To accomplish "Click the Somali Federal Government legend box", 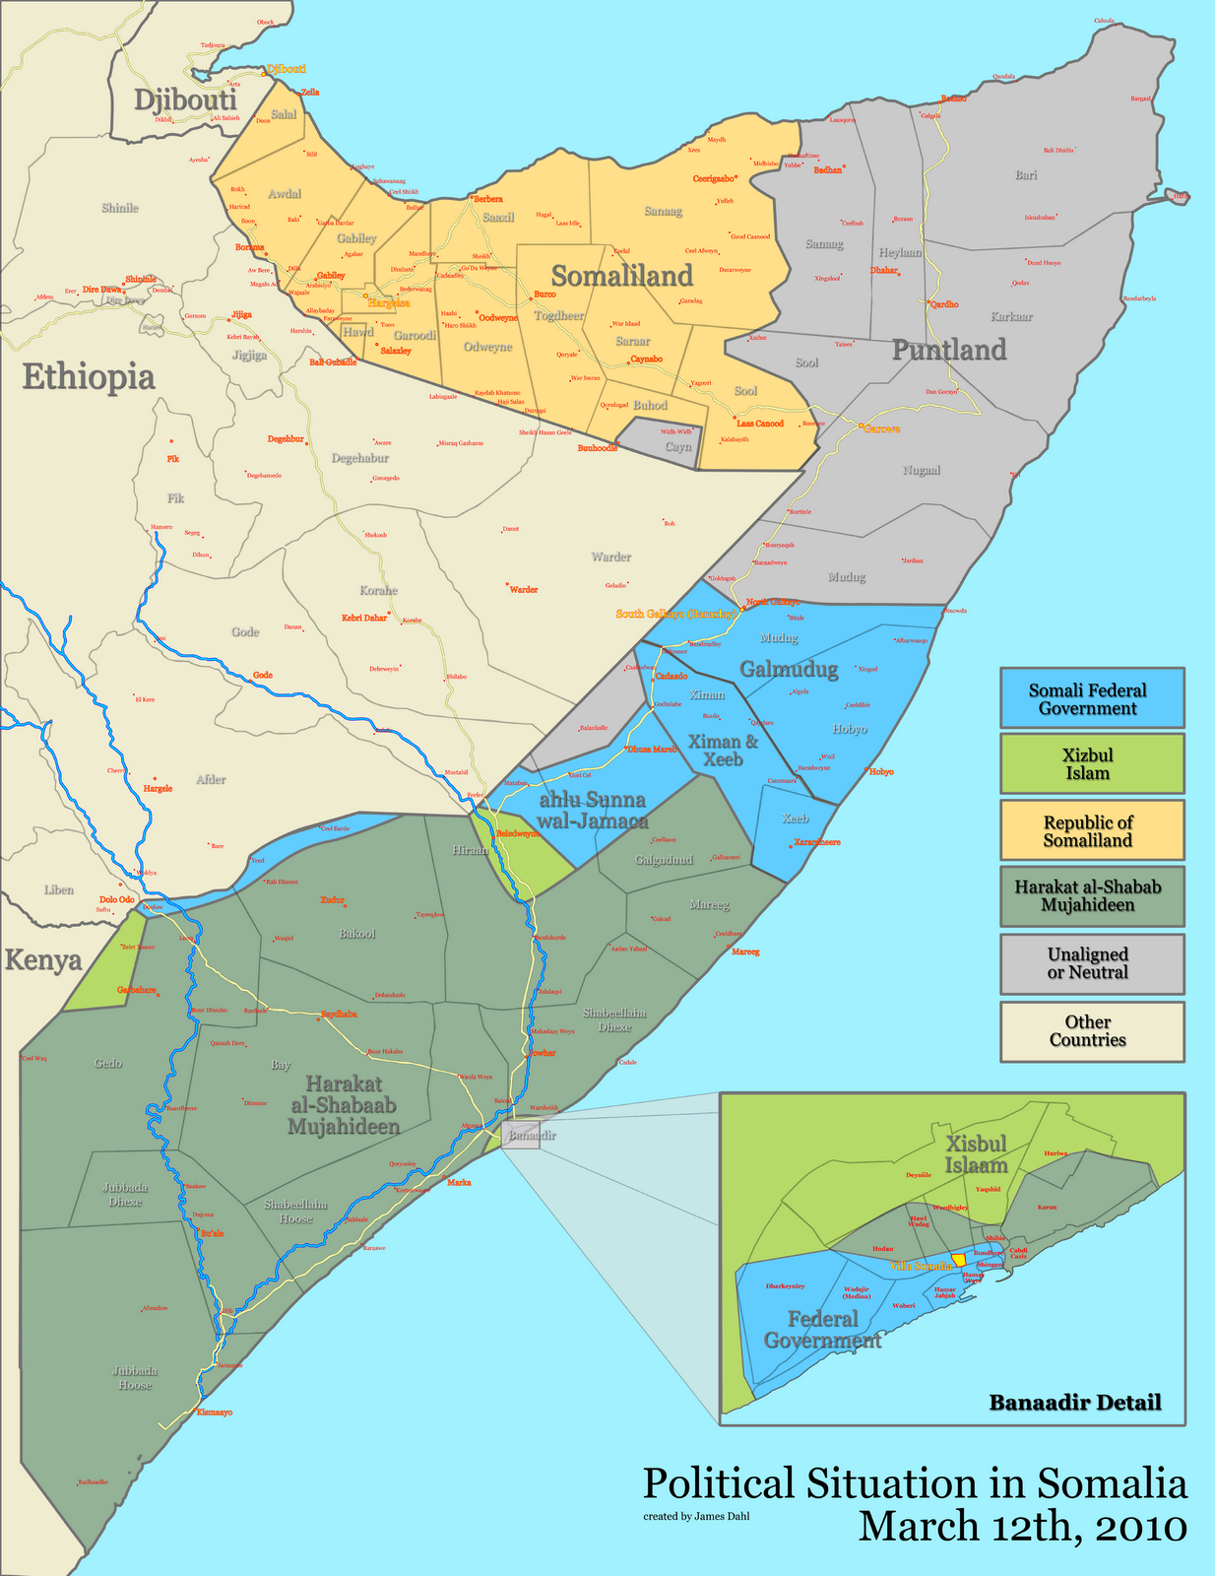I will (x=1092, y=698).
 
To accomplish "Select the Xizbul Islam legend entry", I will (x=1092, y=763).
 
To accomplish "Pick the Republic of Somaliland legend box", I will (x=1092, y=830).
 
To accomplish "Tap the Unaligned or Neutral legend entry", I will (x=1092, y=962).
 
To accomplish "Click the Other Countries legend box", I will (x=1092, y=1030).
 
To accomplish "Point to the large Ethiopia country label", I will (x=89, y=377).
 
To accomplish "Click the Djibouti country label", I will (x=185, y=100).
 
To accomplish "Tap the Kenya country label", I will (x=42, y=959).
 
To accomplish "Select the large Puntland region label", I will (x=949, y=350).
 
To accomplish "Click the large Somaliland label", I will (x=621, y=276).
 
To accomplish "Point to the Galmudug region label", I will (x=789, y=670).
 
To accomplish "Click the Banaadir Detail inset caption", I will (x=1074, y=1402).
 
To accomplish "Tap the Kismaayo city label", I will (x=215, y=1412).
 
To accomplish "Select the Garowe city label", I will (x=881, y=428).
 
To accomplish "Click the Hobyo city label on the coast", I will (x=881, y=771).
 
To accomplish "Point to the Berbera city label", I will (x=488, y=199).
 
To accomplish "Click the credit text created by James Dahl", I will (x=696, y=1516).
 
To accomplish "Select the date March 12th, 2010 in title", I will (x=1022, y=1526).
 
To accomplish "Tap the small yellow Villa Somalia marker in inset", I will (x=959, y=1261).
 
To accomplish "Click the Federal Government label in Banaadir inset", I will (x=822, y=1330).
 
